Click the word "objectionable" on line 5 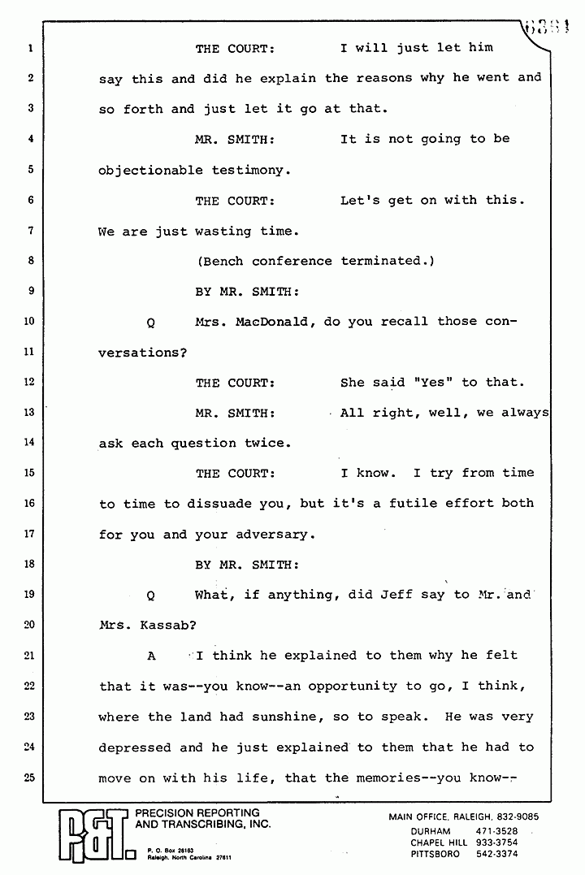(150, 170)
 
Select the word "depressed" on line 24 (134, 747)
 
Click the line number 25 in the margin (28, 778)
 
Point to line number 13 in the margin (28, 413)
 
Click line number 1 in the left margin (29, 48)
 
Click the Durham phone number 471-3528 (496, 831)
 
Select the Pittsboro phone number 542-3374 (496, 854)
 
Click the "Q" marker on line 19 (151, 596)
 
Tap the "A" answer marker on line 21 (151, 656)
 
